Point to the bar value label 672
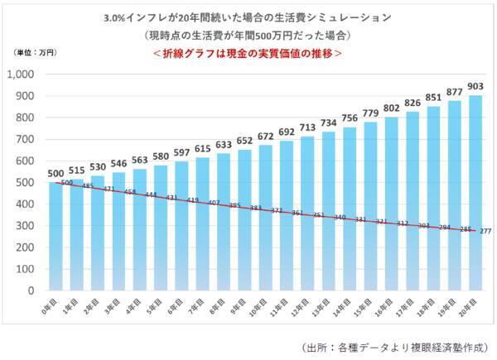tap(266, 136)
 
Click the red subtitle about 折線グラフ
tap(248, 52)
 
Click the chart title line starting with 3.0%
tap(248, 17)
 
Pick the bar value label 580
tap(160, 156)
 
